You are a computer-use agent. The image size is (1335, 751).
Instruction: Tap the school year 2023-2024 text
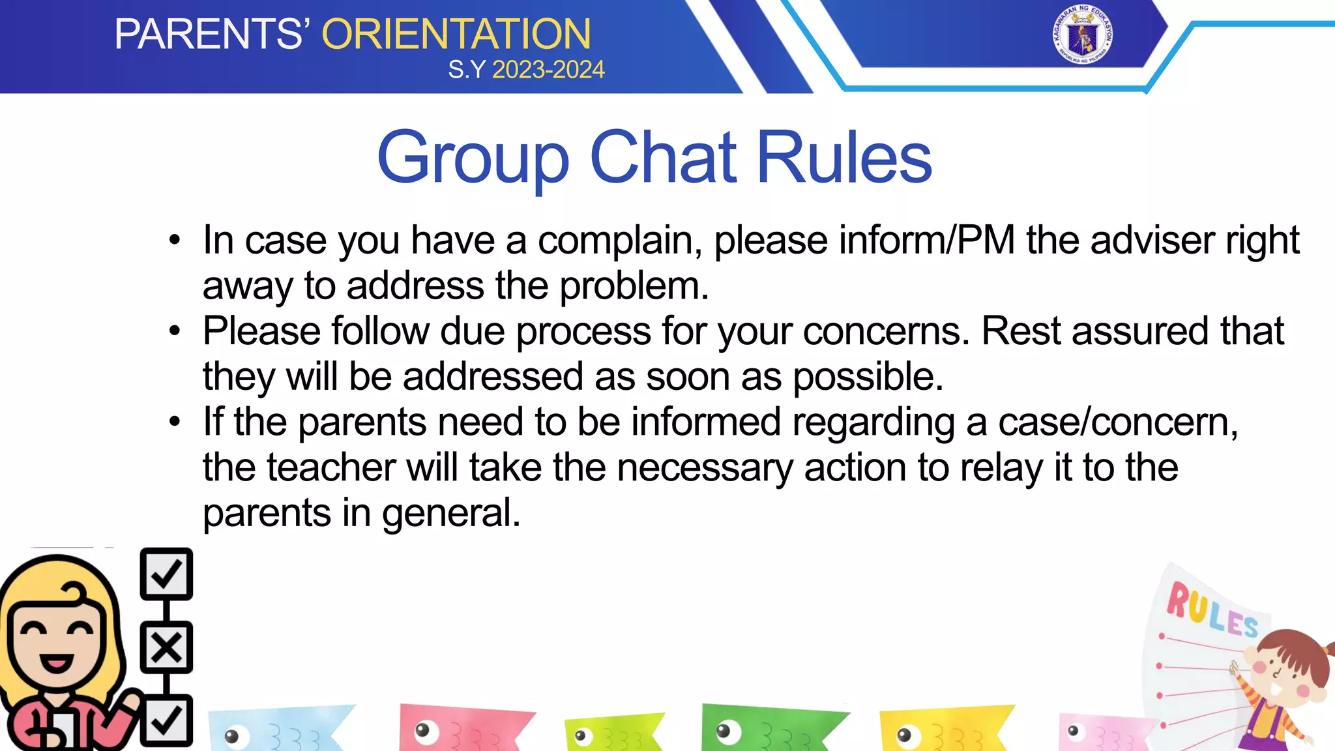tap(548, 70)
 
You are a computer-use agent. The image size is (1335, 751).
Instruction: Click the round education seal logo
tap(1082, 35)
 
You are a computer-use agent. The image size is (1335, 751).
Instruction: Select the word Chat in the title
tap(663, 158)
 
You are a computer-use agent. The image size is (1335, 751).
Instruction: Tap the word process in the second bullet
tap(583, 332)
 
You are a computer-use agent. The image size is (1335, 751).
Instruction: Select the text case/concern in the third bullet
tap(1117, 422)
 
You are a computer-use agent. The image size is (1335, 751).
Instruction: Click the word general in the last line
tap(451, 514)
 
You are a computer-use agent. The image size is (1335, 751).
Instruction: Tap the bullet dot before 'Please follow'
tap(174, 331)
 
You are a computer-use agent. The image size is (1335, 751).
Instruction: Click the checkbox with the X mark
tap(166, 647)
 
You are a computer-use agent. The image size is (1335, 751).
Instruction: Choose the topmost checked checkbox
tap(166, 574)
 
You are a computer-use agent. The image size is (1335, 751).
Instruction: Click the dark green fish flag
tap(769, 729)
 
